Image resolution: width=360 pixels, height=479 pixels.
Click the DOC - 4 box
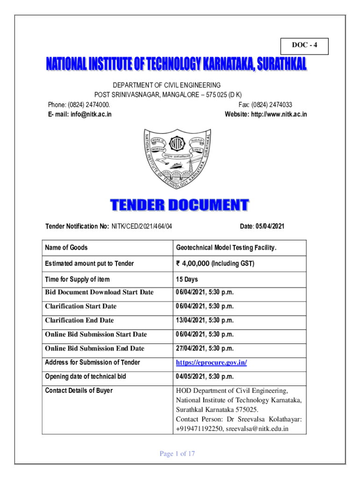(x=304, y=45)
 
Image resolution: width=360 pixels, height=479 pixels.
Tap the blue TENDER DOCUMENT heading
(x=180, y=205)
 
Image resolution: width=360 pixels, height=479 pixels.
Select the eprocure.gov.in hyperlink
(x=211, y=363)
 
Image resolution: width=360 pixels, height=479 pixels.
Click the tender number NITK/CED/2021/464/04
(x=142, y=226)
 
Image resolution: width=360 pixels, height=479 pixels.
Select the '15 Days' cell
(x=187, y=279)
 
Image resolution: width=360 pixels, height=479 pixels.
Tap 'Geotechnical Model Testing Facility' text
(x=226, y=247)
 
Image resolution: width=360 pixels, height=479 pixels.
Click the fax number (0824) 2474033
(x=275, y=105)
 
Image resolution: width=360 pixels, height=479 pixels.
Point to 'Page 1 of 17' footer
(x=177, y=453)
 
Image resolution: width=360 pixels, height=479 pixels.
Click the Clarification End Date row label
(x=79, y=320)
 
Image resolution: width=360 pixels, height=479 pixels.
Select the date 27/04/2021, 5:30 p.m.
(x=204, y=348)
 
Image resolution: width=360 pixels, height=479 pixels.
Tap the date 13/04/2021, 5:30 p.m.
(x=204, y=320)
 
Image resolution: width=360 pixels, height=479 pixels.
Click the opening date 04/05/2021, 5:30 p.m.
(x=204, y=377)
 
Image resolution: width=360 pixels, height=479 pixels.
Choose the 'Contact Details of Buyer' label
(x=79, y=391)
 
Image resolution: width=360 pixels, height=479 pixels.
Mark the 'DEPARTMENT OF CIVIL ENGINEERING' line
(x=167, y=85)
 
